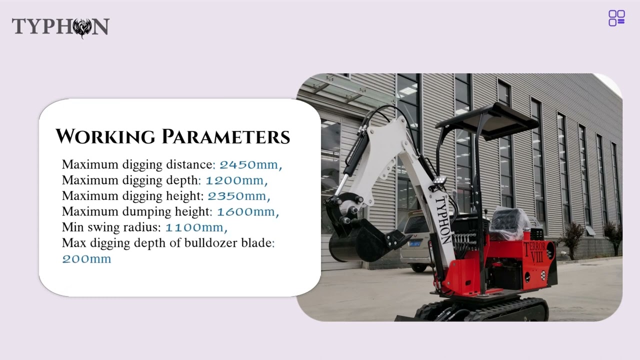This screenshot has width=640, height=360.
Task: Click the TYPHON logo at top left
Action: point(60,27)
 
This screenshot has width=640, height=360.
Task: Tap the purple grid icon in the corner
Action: point(616,18)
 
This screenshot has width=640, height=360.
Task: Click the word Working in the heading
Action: point(105,136)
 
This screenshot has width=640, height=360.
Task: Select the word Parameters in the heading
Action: point(225,136)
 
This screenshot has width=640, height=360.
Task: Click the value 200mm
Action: point(86,259)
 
